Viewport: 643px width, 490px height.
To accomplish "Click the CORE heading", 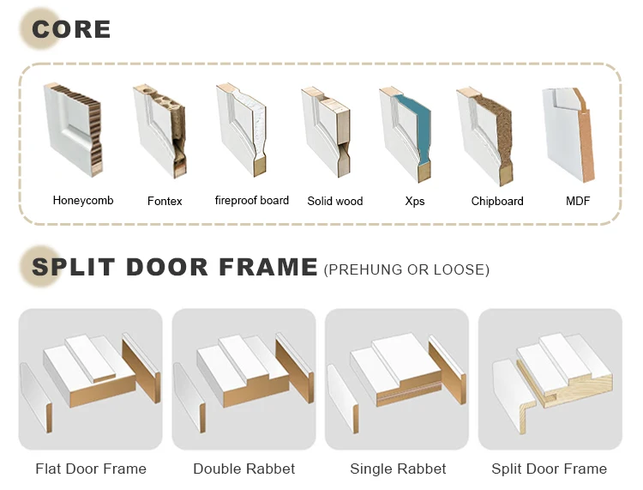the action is coord(71,29).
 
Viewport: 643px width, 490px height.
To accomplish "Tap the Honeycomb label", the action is coord(83,200).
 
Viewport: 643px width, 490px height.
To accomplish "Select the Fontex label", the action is coord(165,201).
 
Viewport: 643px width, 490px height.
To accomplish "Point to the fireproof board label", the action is coord(252,200).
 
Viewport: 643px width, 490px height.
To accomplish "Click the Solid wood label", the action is coord(335,201).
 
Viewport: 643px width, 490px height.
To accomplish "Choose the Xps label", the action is coord(415,201).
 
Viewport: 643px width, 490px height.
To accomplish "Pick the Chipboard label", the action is coord(497,201).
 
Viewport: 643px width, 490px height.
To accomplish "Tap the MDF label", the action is coord(578,201).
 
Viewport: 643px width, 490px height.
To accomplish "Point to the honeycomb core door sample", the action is coord(73,130).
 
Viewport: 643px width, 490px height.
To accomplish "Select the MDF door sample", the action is coord(568,135).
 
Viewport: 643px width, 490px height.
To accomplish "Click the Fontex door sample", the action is coord(160,131).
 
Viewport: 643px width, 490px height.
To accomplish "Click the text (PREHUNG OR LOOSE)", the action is coord(406,269).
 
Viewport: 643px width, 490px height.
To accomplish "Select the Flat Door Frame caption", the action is coord(91,469).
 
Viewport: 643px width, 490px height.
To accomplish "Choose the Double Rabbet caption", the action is coord(244,469).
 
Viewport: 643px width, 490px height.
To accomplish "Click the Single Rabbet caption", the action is coord(398,469).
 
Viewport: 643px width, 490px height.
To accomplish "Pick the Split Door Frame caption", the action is coord(549,469).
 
